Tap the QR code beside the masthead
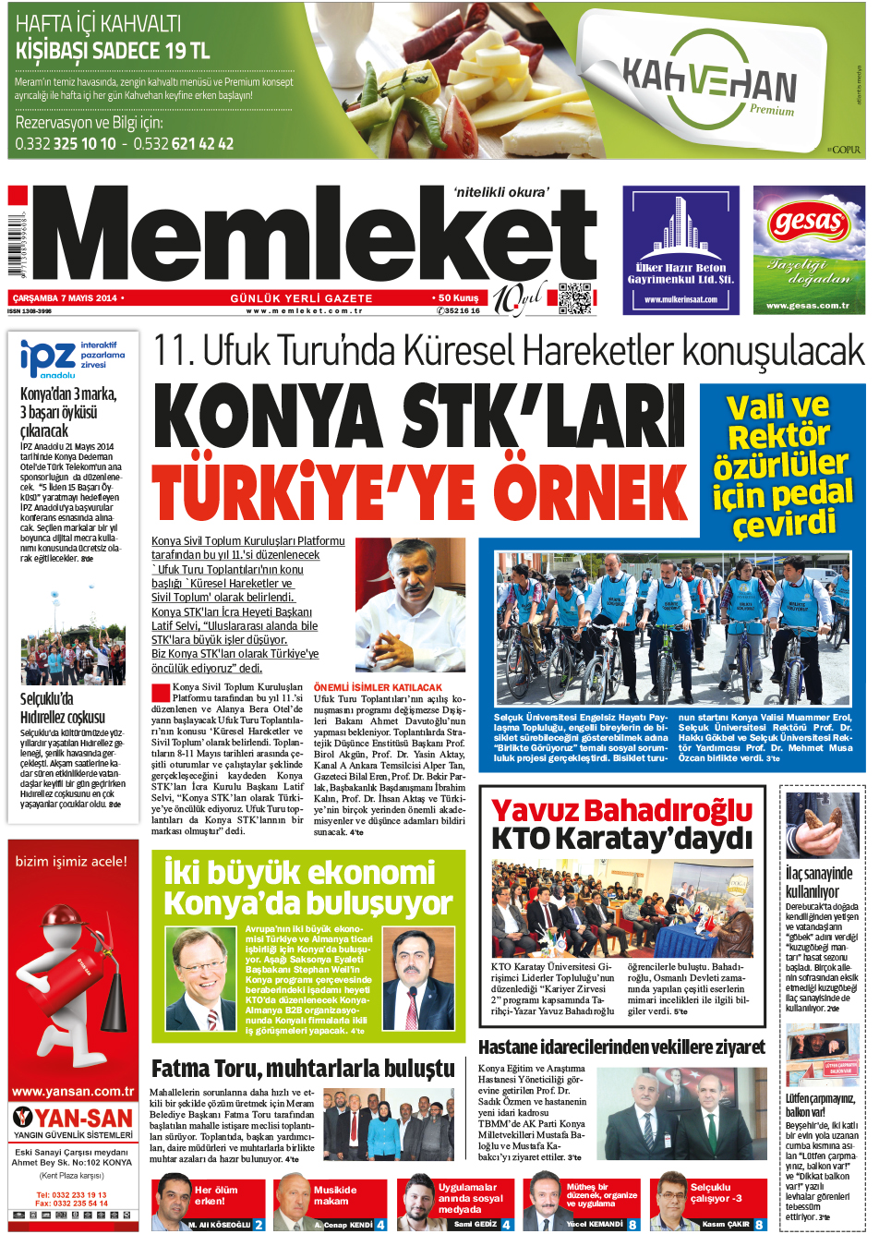[574, 298]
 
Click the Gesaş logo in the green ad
[809, 223]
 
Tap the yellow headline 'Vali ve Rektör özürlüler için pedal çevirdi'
[782, 465]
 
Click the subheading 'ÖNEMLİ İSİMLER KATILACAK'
[378, 687]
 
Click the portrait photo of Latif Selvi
[410, 604]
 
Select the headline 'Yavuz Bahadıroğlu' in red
[621, 811]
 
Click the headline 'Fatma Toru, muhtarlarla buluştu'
[303, 1069]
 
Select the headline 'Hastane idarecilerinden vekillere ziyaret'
[621, 1046]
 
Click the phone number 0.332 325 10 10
[66, 143]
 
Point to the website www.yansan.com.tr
[72, 1091]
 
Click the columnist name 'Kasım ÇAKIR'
[726, 1225]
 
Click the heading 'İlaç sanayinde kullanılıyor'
[818, 882]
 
